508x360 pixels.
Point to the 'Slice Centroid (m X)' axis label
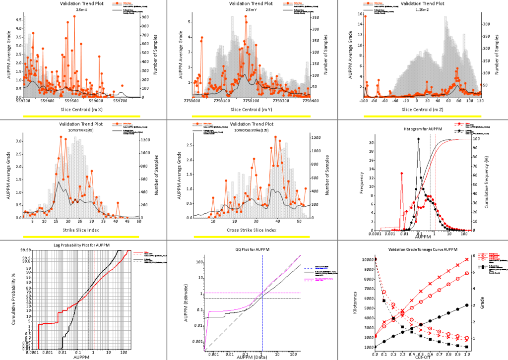click(x=82, y=109)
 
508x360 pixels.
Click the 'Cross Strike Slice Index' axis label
click(x=251, y=230)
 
